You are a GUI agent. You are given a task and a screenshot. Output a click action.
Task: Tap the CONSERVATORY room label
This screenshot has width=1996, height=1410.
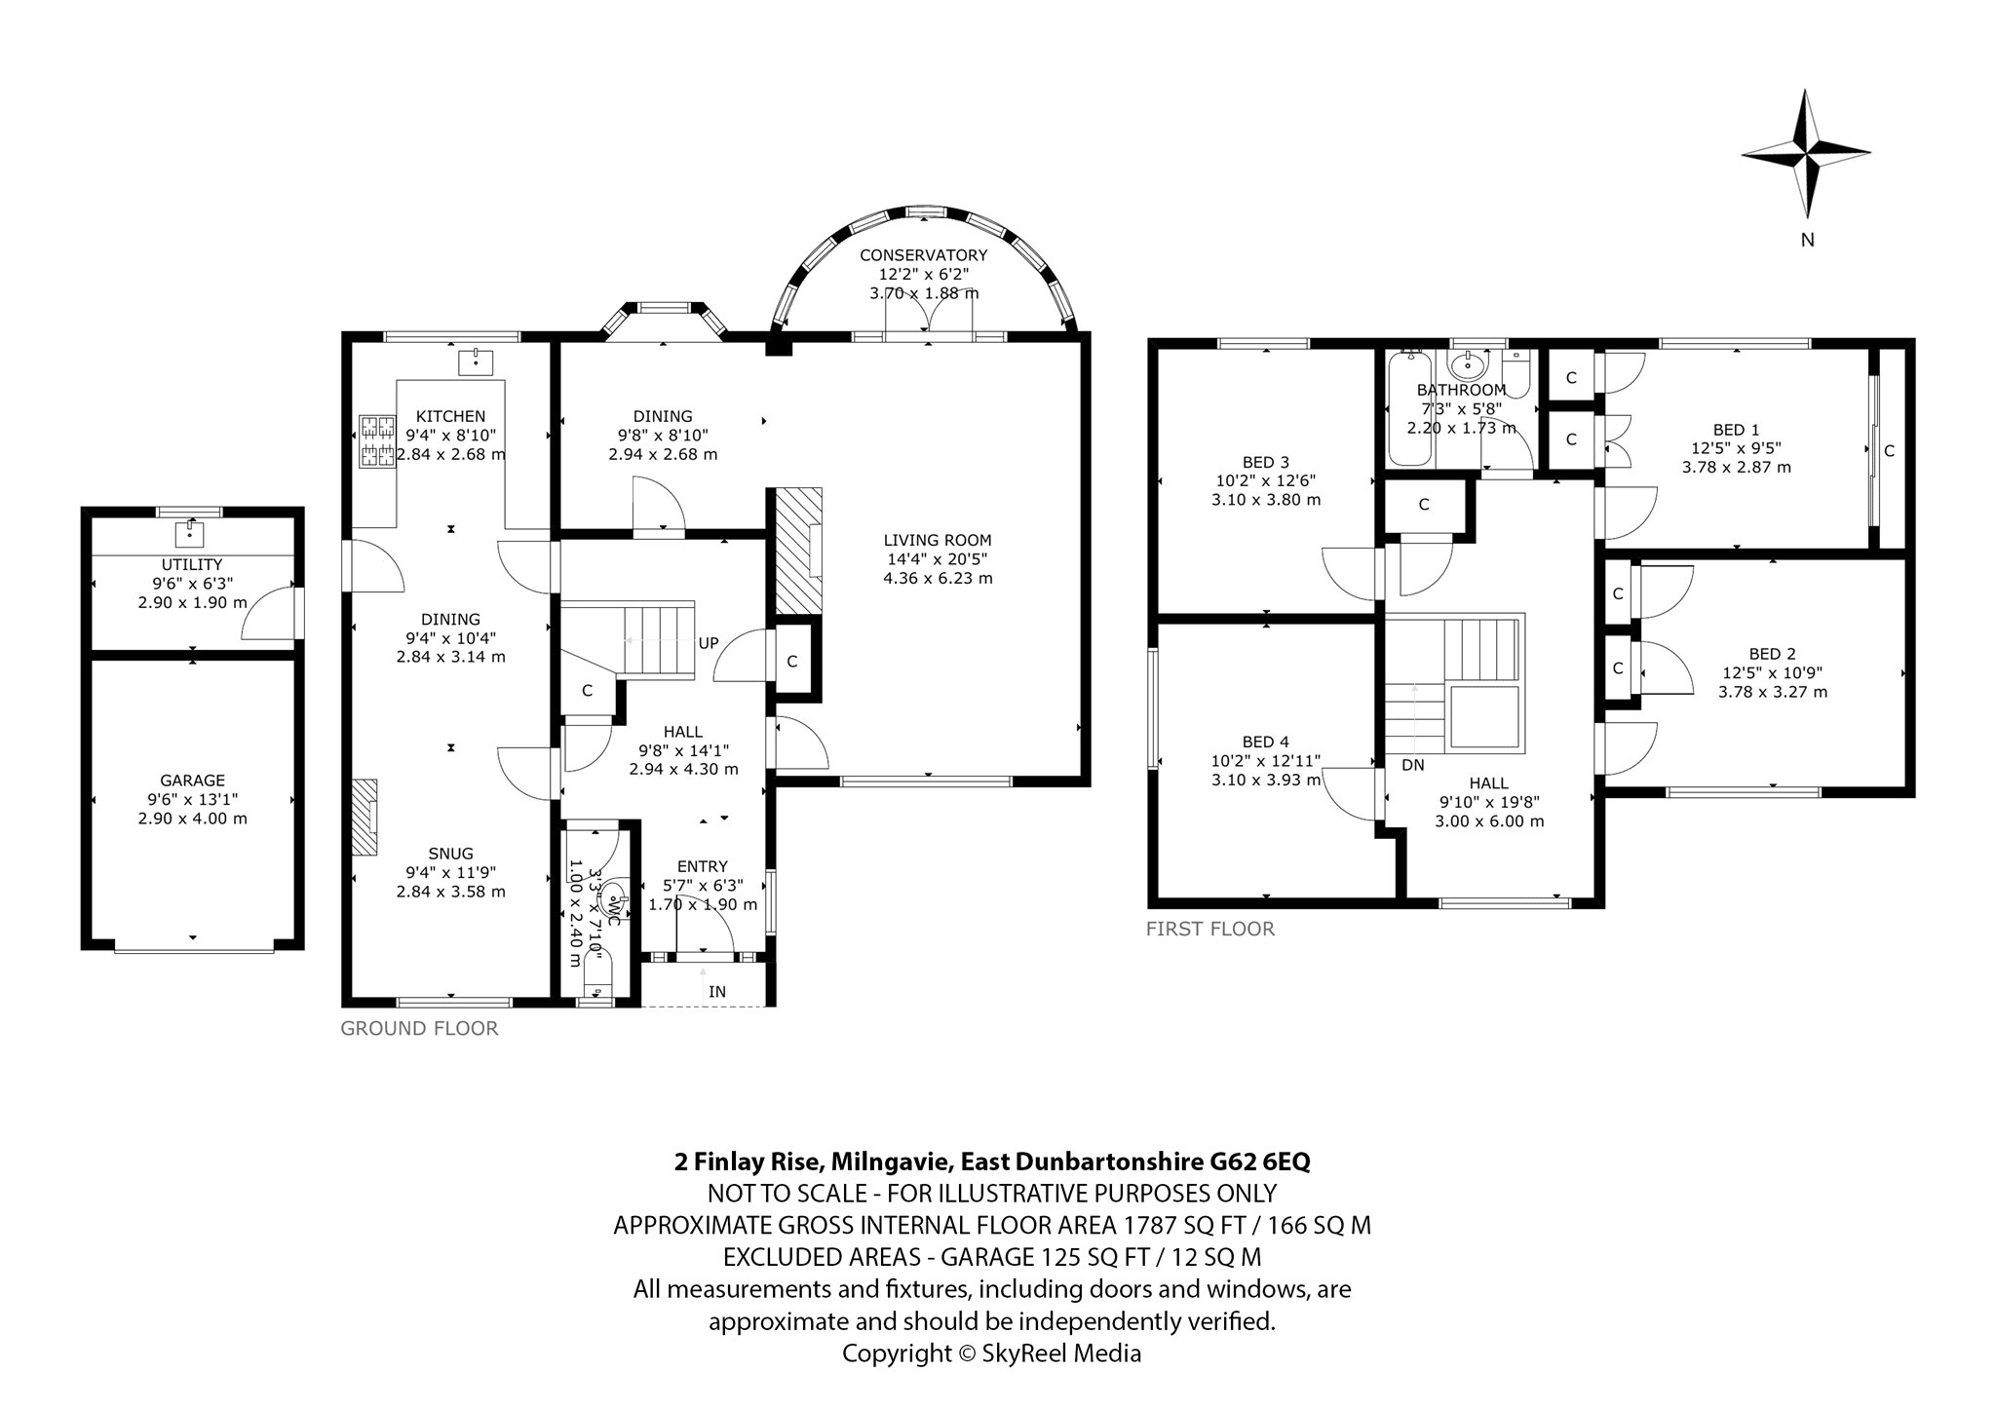click(x=923, y=255)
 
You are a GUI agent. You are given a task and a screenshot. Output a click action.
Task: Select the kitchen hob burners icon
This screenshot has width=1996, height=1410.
click(x=376, y=440)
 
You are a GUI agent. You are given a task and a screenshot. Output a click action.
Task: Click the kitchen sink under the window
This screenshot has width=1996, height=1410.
click(x=476, y=362)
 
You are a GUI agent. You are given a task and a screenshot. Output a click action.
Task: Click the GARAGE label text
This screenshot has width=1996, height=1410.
click(x=192, y=781)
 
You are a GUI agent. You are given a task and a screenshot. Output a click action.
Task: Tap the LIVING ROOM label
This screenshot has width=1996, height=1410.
click(x=938, y=540)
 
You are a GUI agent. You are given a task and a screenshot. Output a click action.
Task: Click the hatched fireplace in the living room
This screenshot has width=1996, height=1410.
click(x=798, y=551)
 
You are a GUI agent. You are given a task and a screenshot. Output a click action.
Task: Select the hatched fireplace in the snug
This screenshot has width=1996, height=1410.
click(x=365, y=817)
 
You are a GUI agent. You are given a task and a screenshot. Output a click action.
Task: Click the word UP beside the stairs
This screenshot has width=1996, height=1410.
click(x=708, y=643)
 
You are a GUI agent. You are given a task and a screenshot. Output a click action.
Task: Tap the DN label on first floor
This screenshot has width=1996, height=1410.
click(x=1412, y=766)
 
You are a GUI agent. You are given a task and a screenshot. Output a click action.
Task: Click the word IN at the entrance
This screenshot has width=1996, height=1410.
click(x=717, y=992)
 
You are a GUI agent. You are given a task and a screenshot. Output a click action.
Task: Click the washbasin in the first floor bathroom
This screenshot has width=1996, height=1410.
click(x=1467, y=367)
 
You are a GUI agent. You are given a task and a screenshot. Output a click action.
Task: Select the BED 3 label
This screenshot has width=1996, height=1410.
click(x=1265, y=462)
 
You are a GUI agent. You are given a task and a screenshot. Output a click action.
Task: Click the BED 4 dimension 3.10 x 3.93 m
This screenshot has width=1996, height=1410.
click(x=1265, y=781)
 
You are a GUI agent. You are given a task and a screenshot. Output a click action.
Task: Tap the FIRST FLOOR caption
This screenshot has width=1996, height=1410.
click(x=1209, y=929)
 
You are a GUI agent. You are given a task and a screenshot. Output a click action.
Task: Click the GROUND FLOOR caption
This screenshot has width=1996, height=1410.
click(x=419, y=1028)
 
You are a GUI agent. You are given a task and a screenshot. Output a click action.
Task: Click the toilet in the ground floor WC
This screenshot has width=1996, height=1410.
click(x=612, y=898)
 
